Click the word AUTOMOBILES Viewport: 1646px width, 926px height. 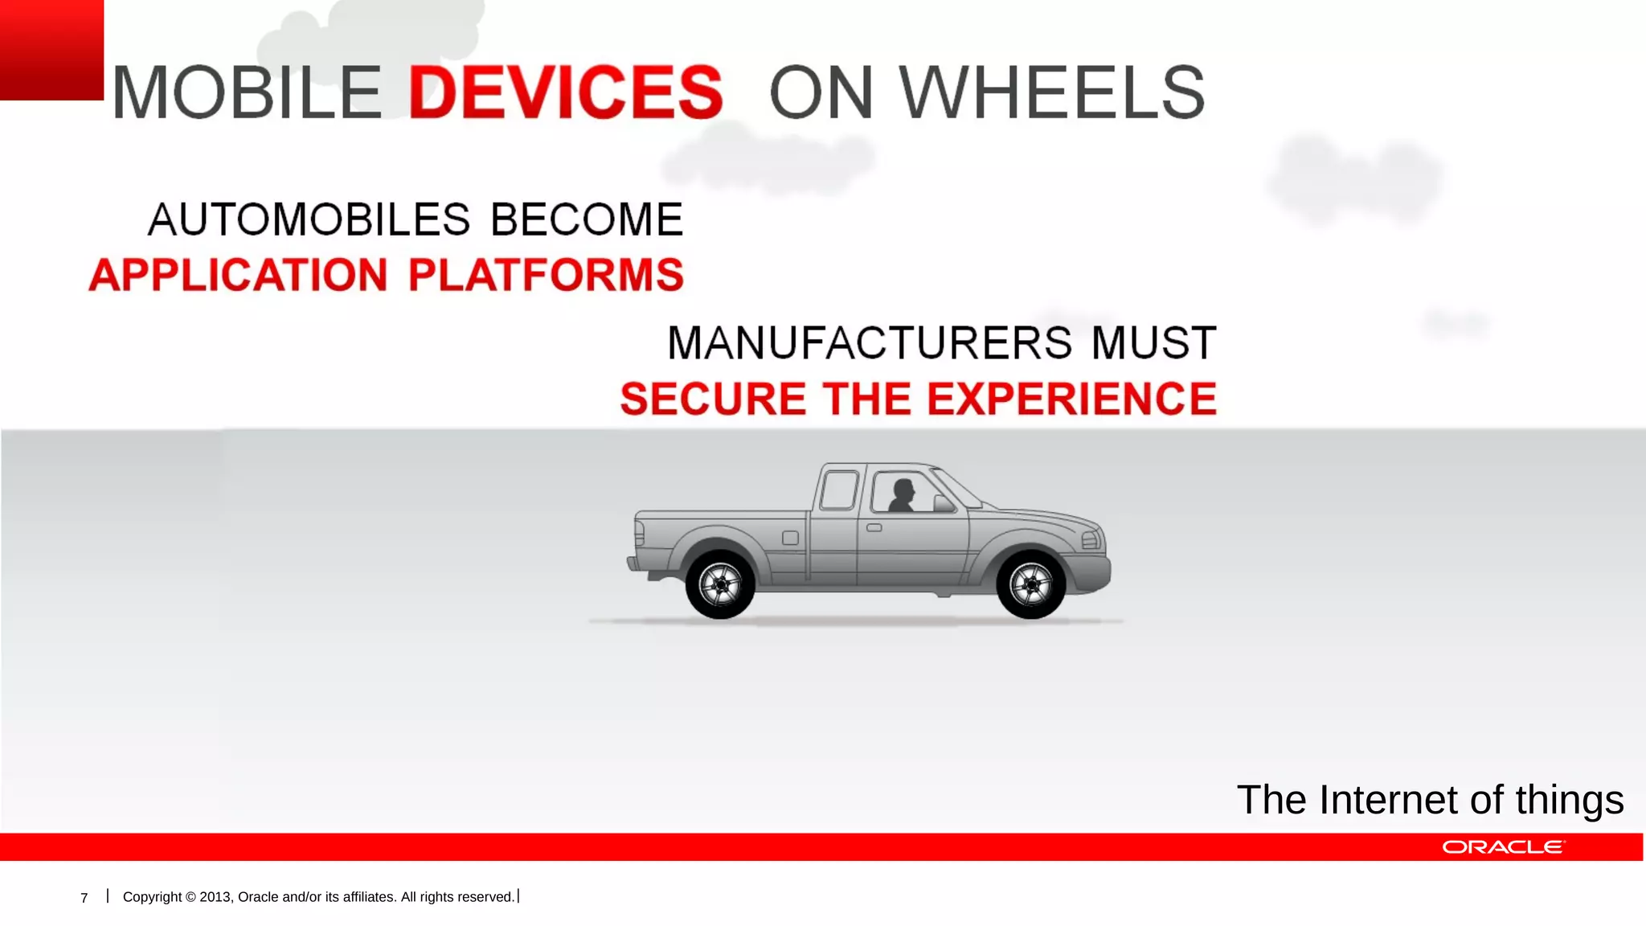(x=309, y=219)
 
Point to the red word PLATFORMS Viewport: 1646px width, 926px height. (x=546, y=275)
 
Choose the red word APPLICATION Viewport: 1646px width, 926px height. (x=239, y=275)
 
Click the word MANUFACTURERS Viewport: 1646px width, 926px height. (x=870, y=343)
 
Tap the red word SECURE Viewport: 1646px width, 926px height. (x=713, y=399)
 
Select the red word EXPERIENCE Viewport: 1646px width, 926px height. (x=1072, y=399)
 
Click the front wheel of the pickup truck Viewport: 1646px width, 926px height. (x=1030, y=584)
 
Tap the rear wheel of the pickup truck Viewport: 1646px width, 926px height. (x=720, y=584)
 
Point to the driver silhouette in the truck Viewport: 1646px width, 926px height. (x=902, y=495)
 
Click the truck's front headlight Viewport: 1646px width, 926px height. (x=1091, y=539)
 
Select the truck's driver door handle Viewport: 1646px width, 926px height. (x=874, y=528)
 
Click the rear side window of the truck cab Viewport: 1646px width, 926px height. (x=838, y=490)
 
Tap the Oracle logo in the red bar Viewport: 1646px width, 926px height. (x=1503, y=847)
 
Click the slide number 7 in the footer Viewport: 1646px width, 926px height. (x=84, y=898)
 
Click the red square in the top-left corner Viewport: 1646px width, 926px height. (x=51, y=49)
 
